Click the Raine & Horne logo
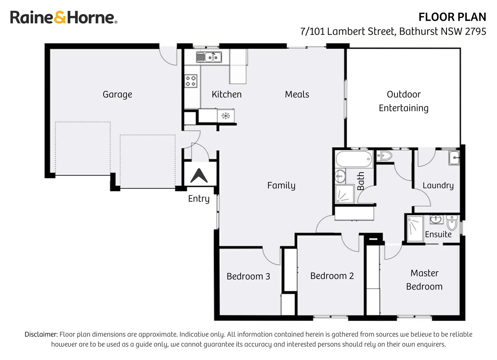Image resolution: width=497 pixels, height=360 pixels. (x=63, y=17)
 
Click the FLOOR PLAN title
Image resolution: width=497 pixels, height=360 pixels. (x=452, y=17)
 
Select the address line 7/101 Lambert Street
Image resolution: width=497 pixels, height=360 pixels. (x=393, y=31)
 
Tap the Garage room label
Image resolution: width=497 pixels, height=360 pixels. (x=117, y=95)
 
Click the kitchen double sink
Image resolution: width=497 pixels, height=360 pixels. (x=209, y=57)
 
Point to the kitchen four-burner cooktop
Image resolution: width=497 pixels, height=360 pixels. (x=191, y=81)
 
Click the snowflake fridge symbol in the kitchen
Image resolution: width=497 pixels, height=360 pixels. (x=226, y=116)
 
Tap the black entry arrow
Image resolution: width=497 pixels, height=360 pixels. (x=199, y=176)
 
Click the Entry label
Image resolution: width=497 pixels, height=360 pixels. (x=199, y=199)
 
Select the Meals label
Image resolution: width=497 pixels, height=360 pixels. (x=297, y=95)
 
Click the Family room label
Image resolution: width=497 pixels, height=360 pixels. (x=281, y=186)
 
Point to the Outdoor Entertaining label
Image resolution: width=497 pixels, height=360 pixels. (x=403, y=101)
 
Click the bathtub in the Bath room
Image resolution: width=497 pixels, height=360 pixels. (x=354, y=159)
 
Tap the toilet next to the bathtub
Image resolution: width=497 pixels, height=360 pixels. (x=384, y=155)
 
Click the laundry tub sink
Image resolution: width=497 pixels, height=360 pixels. (x=454, y=158)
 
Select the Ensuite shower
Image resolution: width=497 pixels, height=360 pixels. (x=415, y=229)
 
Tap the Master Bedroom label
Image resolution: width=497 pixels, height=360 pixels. (x=424, y=280)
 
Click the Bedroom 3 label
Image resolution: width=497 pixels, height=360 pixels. (x=248, y=276)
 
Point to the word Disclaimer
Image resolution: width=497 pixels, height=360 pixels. (x=41, y=334)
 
